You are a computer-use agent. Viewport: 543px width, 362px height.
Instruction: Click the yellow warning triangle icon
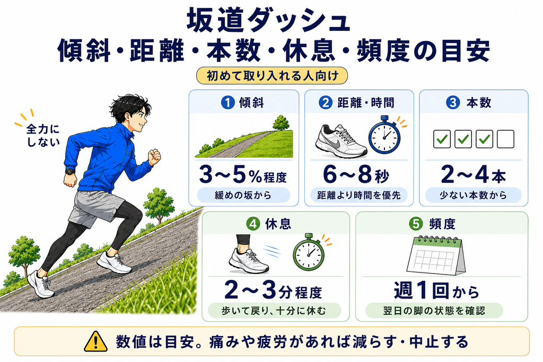[x=95, y=341]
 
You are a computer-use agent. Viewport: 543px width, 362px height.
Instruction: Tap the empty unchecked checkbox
[x=505, y=139]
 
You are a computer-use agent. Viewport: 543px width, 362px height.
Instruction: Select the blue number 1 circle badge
[x=227, y=102]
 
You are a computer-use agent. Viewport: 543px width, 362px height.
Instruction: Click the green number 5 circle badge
[x=416, y=224]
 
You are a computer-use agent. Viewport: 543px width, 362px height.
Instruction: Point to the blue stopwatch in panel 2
[x=384, y=135]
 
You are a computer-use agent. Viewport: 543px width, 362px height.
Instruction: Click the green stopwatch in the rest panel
[x=309, y=252]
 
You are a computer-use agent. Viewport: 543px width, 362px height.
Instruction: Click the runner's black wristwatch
[x=70, y=171]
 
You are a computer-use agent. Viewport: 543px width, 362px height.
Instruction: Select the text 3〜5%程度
[x=243, y=175]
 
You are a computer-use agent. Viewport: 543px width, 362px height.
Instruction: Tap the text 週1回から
[x=437, y=290]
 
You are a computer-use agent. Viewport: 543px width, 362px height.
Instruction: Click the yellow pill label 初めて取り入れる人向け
[x=272, y=75]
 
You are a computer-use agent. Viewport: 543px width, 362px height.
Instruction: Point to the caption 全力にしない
[x=43, y=135]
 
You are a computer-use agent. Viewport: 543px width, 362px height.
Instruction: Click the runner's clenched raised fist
[x=154, y=157]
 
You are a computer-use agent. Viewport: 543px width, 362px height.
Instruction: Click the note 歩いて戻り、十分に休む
[x=274, y=311]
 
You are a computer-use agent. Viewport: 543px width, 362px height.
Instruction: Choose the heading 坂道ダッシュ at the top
[x=268, y=20]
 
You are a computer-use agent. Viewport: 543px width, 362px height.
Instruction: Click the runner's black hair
[x=128, y=105]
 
